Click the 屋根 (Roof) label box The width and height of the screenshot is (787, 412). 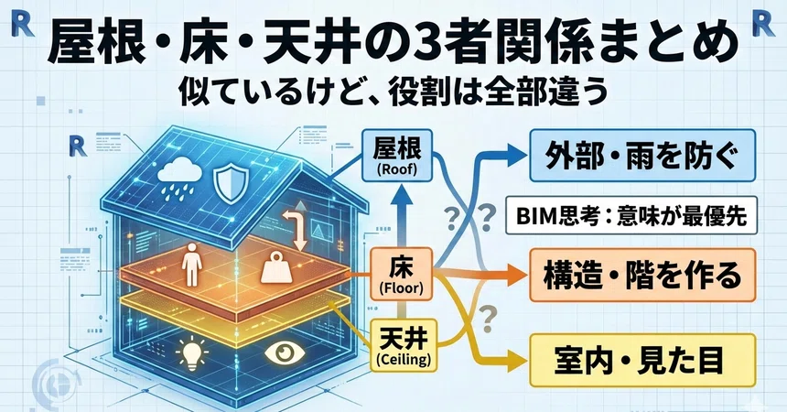pyautogui.click(x=397, y=157)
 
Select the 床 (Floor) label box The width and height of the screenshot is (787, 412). pyautogui.click(x=401, y=274)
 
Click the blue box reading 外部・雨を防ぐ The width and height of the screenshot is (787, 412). pyautogui.click(x=642, y=156)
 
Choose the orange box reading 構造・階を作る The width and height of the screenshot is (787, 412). pyautogui.click(x=642, y=275)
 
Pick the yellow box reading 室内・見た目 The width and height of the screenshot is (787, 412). pyautogui.click(x=642, y=360)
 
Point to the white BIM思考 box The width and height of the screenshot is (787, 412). pyautogui.click(x=631, y=215)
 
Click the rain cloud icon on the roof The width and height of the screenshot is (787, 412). pyautogui.click(x=179, y=177)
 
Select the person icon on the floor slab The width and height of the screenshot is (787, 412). pyautogui.click(x=191, y=265)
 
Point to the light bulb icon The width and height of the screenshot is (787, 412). pyautogui.click(x=192, y=352)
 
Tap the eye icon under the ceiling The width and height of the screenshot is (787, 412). pyautogui.click(x=285, y=352)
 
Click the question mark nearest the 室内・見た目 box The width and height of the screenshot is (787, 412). pyautogui.click(x=485, y=320)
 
